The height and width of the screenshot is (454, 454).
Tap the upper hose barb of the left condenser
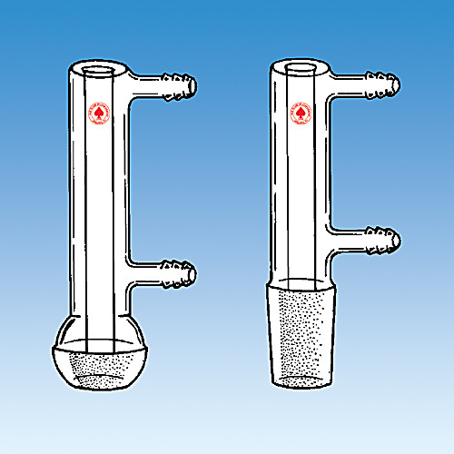pyautogui.click(x=179, y=86)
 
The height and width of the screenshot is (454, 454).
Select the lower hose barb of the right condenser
pyautogui.click(x=383, y=240)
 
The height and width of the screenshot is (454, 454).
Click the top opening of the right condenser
pyautogui.click(x=302, y=67)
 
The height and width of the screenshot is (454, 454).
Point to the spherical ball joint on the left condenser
pyautogui.click(x=99, y=350)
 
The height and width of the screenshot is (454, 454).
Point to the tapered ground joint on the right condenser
pyautogui.click(x=302, y=331)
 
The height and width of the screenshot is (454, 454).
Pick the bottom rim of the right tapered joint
pyautogui.click(x=302, y=380)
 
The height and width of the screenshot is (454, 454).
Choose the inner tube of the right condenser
pyautogui.click(x=302, y=182)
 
